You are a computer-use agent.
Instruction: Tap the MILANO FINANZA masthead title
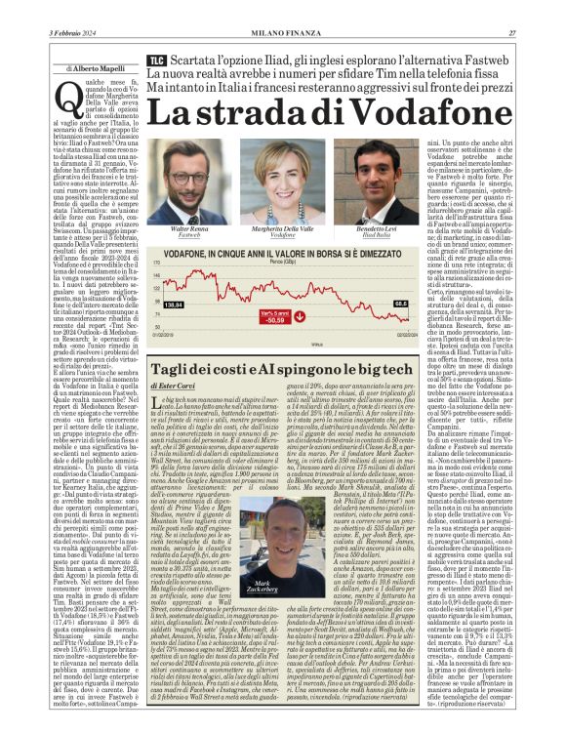pyautogui.click(x=282, y=33)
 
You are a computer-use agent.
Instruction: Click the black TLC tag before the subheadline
pyautogui.click(x=156, y=61)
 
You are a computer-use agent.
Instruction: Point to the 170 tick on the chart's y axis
pyautogui.click(x=158, y=264)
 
